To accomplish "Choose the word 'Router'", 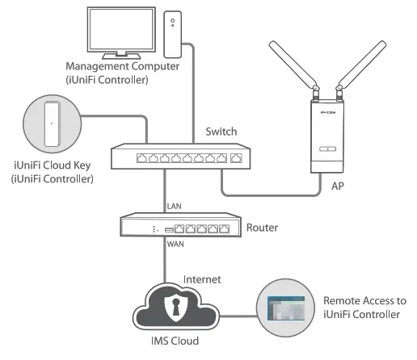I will (264, 228).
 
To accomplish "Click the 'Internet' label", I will (207, 279).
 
